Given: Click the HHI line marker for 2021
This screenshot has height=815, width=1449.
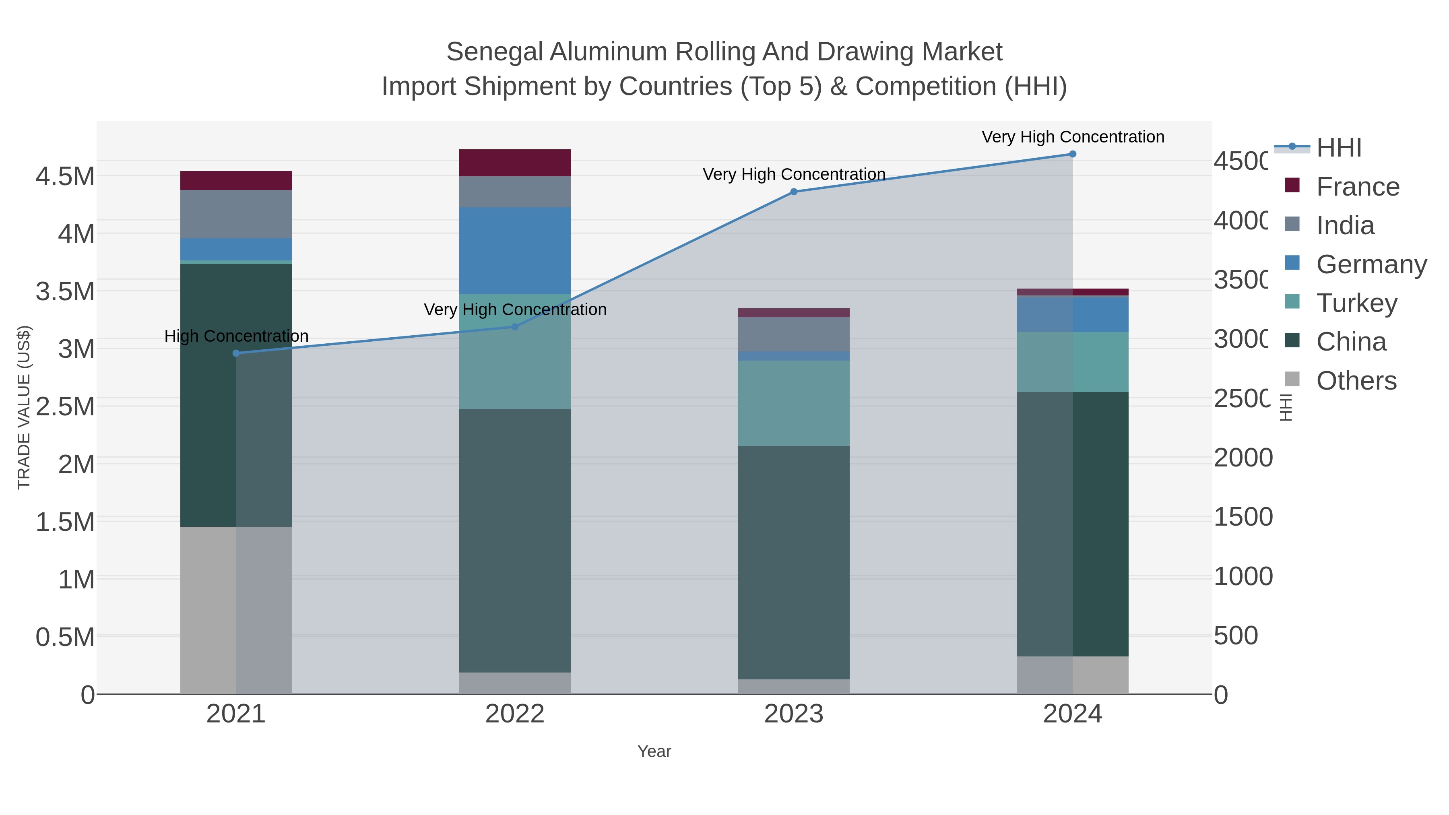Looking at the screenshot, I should tap(236, 353).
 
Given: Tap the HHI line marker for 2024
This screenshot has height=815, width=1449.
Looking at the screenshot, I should tap(1072, 154).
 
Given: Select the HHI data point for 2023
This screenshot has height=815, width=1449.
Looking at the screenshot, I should tap(794, 192).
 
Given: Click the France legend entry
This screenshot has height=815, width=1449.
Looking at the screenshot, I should tap(1357, 187).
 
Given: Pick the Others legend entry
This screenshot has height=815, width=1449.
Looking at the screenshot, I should tap(1356, 381).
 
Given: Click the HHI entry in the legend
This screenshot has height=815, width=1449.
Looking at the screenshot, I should tap(1338, 148).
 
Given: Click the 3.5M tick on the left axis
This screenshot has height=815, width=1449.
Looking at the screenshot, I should tap(65, 291).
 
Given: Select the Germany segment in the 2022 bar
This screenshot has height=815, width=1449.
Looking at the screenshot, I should tap(515, 250).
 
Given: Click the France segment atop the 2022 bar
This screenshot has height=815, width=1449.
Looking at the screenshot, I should tap(515, 163).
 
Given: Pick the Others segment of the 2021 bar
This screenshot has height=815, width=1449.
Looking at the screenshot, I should tap(236, 610).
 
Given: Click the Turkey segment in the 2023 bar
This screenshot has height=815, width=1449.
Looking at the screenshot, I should tap(794, 403).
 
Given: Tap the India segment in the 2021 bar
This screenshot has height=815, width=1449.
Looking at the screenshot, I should tap(236, 214).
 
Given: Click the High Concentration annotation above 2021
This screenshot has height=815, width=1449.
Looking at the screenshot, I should tap(236, 336).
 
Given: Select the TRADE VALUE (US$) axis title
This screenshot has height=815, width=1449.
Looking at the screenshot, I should tap(24, 407).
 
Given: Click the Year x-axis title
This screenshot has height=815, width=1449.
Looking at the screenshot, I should tap(654, 751).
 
